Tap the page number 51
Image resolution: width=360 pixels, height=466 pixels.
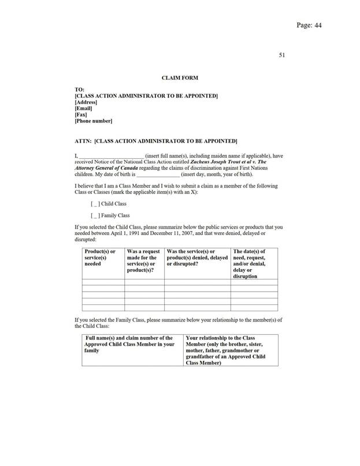[282, 55]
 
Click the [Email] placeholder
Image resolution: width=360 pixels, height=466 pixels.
[84, 108]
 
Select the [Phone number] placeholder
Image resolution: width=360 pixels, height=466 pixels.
[94, 121]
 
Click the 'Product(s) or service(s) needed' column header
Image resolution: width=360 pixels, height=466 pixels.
[101, 258]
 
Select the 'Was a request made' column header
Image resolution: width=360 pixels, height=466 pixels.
[143, 260]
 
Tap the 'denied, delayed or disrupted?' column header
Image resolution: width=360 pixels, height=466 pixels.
[196, 258]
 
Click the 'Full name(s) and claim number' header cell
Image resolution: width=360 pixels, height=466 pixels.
[129, 344]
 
